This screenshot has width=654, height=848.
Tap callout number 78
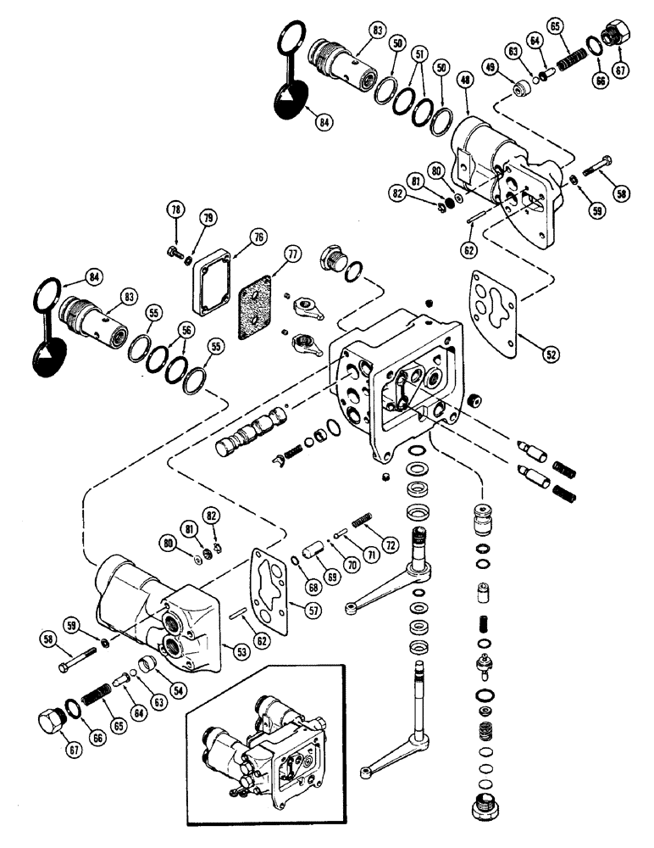175,210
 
